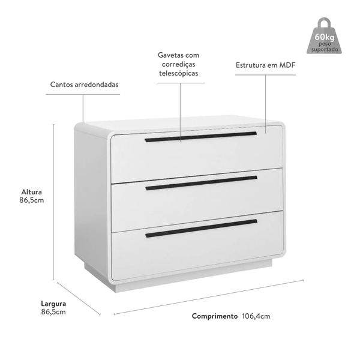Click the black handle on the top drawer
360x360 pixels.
[200, 137]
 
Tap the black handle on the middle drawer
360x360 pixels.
[202, 183]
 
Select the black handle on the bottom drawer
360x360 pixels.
[202, 228]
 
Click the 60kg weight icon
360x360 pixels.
[324, 36]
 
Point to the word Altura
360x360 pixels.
[31, 192]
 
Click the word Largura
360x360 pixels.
[53, 304]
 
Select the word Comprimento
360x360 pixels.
[215, 316]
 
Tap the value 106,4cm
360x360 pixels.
[256, 316]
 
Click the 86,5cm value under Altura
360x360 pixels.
[31, 200]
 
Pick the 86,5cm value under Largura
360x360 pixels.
[53, 312]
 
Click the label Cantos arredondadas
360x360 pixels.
[84, 85]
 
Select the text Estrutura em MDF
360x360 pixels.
[265, 65]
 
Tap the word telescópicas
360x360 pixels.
[179, 73]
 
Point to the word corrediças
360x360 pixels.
[179, 64]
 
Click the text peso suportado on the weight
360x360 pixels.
[325, 47]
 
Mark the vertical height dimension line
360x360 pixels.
[54, 202]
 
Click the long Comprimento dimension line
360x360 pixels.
[209, 297]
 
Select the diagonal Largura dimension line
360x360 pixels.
[79, 298]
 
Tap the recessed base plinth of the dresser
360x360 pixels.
[178, 276]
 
